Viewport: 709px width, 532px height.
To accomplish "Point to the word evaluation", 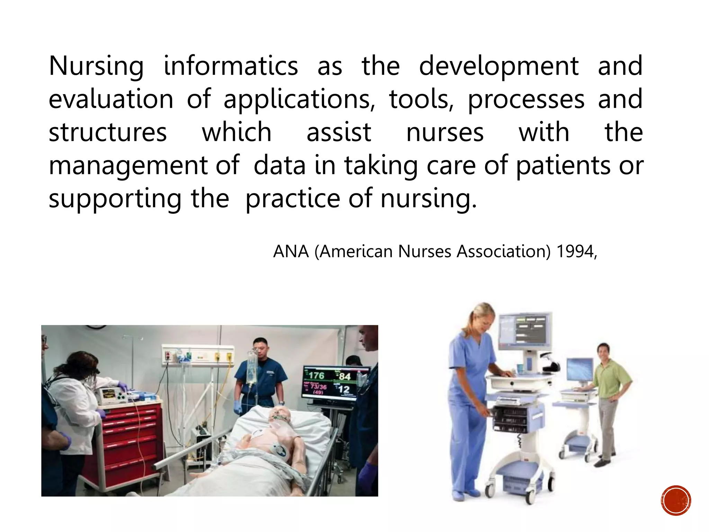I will coord(111,99).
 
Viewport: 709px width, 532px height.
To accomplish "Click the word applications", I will coord(299,100).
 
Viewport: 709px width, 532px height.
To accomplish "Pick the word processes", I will coord(526,100).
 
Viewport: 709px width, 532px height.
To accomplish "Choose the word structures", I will coord(108,132).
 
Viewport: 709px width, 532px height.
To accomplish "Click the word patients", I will coord(563,166).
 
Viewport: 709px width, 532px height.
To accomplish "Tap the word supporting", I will coord(115,199).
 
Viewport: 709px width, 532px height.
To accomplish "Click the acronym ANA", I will coord(291,251).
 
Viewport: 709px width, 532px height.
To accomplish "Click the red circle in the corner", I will coord(676,500).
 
